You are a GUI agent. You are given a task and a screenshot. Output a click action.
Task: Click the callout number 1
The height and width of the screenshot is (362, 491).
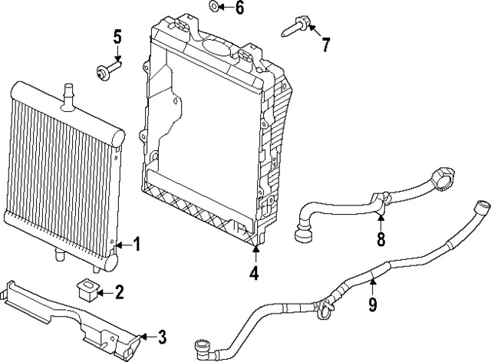click(x=137, y=246)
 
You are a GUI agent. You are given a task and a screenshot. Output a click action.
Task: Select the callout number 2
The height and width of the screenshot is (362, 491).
click(x=119, y=291)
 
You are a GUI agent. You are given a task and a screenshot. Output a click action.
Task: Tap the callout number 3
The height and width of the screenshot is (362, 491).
click(x=161, y=336)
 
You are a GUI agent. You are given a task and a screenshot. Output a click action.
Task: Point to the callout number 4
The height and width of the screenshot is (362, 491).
click(x=254, y=272)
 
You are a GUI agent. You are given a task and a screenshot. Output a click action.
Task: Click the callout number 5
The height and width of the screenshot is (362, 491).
click(x=117, y=36)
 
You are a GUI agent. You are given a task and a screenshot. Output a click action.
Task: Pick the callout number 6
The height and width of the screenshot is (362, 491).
click(x=239, y=8)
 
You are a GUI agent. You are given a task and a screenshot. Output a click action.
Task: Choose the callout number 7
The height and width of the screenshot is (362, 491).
click(x=325, y=44)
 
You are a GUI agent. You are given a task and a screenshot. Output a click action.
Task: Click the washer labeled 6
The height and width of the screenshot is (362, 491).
click(x=213, y=8)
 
